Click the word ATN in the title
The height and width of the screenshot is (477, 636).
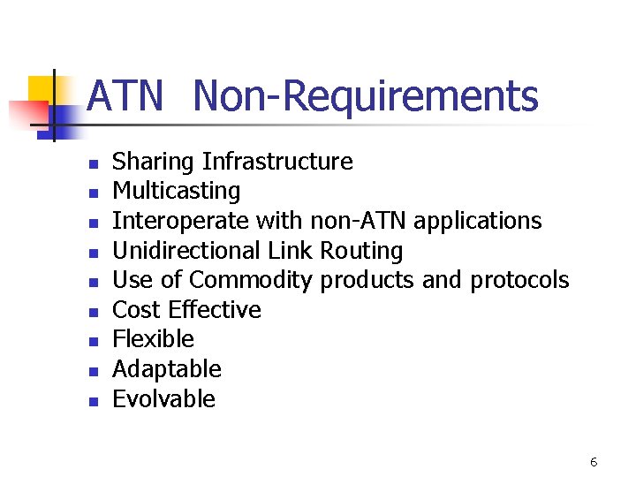[x=125, y=96]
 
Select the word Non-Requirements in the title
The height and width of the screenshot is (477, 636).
[x=365, y=96]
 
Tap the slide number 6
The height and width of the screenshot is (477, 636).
[x=594, y=462]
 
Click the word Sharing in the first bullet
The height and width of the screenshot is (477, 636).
[x=154, y=163]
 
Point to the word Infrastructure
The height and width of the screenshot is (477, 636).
[x=277, y=162]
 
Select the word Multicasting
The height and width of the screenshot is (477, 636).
[x=177, y=192]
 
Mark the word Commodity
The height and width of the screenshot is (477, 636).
[x=251, y=281]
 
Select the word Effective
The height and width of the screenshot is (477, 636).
[x=215, y=310]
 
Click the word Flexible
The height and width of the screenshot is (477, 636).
[x=153, y=340]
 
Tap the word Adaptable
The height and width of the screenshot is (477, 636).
[x=167, y=369]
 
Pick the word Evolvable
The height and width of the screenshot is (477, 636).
[x=164, y=399]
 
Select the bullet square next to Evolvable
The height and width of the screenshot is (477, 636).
[x=92, y=401]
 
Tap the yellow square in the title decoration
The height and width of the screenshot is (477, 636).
[x=42, y=88]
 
